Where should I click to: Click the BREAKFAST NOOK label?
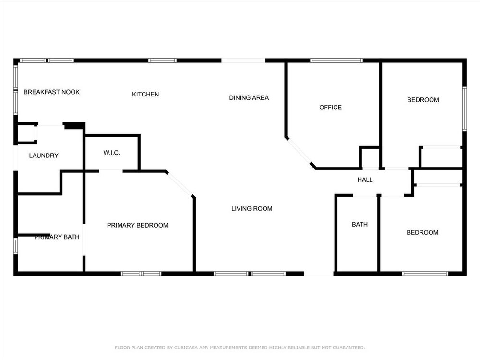(x=51, y=92)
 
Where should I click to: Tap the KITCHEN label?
(x=145, y=94)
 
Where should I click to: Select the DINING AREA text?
(x=249, y=97)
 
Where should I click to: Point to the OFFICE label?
(x=330, y=108)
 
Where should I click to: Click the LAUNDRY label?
(x=44, y=156)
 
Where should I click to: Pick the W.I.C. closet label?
(x=111, y=153)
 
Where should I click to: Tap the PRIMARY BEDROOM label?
(x=137, y=225)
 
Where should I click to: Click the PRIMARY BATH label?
(x=57, y=237)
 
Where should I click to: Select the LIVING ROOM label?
(x=252, y=209)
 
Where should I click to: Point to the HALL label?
(x=365, y=180)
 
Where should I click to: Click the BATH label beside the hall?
(x=360, y=224)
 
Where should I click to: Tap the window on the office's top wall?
(x=336, y=60)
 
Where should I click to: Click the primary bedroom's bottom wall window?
(x=141, y=274)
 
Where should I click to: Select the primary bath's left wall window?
(x=16, y=246)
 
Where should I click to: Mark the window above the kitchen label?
(x=162, y=60)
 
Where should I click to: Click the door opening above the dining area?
(x=243, y=60)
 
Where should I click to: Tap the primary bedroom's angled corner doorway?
(x=180, y=184)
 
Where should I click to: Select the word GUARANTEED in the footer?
(x=348, y=348)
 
